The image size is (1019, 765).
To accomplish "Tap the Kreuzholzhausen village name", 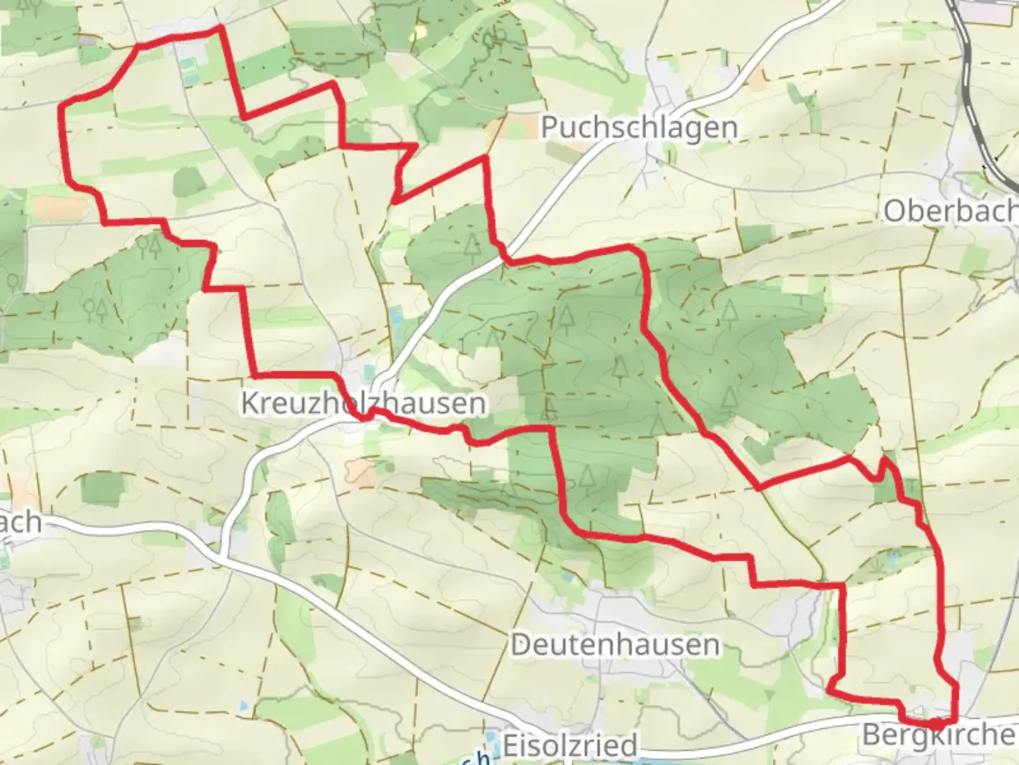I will pos(364,403).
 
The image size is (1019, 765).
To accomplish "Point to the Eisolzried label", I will pos(570,745).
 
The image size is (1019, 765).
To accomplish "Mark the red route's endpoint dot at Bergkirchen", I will pos(935,724).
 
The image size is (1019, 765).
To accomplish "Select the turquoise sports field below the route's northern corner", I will pos(189,69).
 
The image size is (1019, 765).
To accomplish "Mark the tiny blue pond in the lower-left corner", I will pos(243,706).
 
